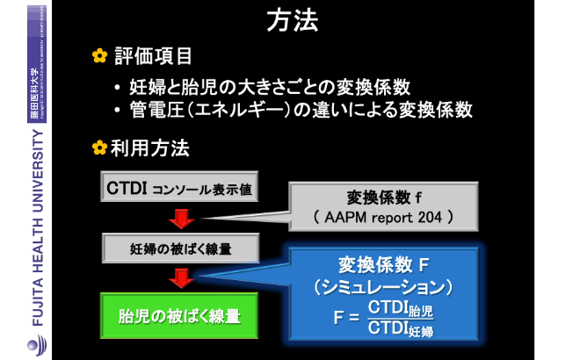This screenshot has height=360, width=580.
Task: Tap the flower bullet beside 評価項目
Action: click(99, 56)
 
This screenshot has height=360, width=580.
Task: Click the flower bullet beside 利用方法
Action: click(99, 148)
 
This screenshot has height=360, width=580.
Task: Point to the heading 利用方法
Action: click(150, 148)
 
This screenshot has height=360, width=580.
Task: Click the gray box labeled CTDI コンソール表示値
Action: click(179, 188)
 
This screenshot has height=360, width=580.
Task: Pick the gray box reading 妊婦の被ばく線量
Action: click(180, 248)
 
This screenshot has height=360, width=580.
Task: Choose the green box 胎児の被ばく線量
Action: click(179, 315)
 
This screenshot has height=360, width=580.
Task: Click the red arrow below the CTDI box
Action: click(181, 218)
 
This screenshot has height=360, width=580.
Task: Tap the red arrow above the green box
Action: click(181, 278)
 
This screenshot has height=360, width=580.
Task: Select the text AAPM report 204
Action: click(383, 217)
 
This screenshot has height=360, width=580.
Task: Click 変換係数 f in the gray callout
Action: click(383, 197)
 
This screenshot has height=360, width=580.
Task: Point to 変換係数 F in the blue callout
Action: click(383, 265)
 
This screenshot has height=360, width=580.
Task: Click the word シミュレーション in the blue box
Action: click(383, 287)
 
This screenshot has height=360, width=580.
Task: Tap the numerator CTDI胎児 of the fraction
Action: click(401, 309)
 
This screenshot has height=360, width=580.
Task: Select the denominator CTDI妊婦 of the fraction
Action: click(401, 328)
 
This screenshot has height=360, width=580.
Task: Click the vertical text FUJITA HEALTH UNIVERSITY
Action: click(38, 228)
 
